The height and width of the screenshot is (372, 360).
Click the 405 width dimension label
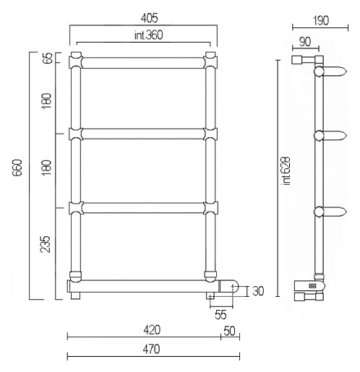150,18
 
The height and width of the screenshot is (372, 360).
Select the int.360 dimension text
149,35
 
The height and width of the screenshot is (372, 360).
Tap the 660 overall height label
17,168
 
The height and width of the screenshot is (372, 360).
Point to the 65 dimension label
48,58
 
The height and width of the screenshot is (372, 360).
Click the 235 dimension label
46,244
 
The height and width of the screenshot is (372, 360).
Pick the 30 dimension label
258,291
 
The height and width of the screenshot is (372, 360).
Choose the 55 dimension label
220,315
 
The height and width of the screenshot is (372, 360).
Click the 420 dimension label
152,330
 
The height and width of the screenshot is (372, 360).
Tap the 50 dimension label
229,331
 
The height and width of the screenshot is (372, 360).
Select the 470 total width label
151,349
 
